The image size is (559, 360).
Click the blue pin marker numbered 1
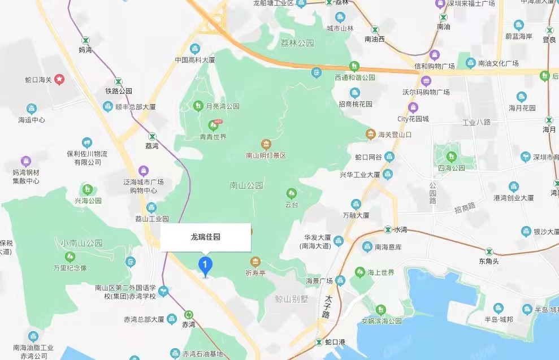[x=205, y=264]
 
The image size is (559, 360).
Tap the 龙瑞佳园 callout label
[x=206, y=237]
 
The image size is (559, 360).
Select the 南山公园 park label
[x=247, y=185]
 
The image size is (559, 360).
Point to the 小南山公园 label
[x=82, y=242]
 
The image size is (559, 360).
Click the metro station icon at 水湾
[x=387, y=229]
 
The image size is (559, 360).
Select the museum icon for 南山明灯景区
[x=266, y=144]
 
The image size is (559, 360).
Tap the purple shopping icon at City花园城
[x=413, y=107]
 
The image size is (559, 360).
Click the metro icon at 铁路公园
[x=118, y=81]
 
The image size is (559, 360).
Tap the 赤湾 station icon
[x=188, y=315]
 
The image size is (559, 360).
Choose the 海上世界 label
[x=382, y=272]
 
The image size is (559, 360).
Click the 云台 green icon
[x=292, y=193]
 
